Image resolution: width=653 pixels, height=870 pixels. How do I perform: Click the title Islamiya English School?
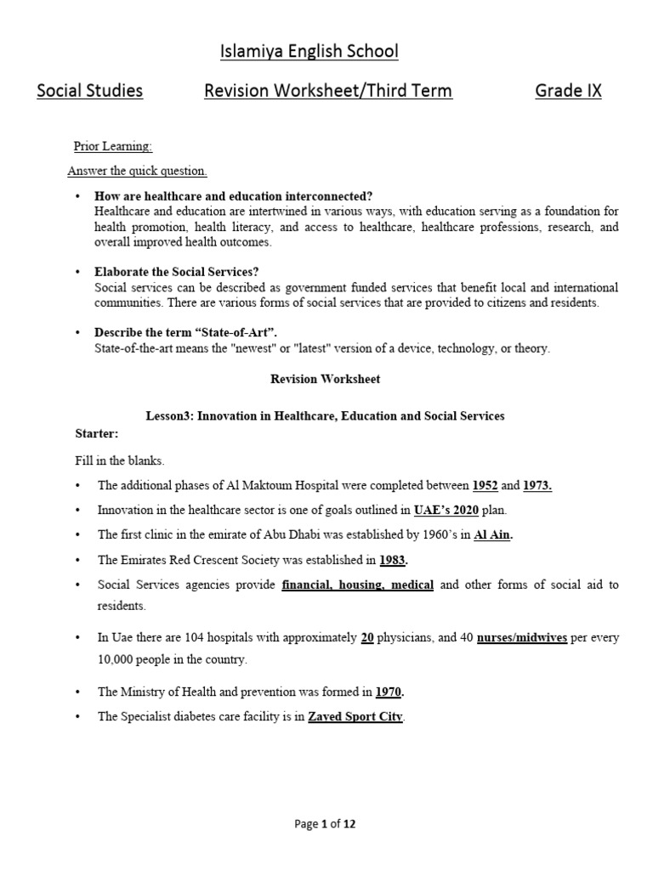(309, 52)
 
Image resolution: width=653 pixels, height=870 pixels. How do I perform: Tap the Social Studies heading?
(89, 91)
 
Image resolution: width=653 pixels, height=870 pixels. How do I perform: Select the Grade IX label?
(568, 91)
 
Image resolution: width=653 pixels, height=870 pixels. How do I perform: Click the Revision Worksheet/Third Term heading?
(328, 91)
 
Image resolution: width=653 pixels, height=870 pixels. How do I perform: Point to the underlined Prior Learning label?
(113, 146)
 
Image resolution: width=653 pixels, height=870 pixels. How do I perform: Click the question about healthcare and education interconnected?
(234, 196)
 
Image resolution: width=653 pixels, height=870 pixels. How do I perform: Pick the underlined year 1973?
(537, 485)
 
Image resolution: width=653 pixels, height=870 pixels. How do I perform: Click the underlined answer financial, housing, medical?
(357, 585)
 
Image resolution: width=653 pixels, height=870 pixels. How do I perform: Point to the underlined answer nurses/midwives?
(522, 637)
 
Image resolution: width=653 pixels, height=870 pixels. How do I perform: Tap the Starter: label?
(97, 433)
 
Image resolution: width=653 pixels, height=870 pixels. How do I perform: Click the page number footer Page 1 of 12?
(326, 823)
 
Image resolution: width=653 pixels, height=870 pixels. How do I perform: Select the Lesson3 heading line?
(326, 415)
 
